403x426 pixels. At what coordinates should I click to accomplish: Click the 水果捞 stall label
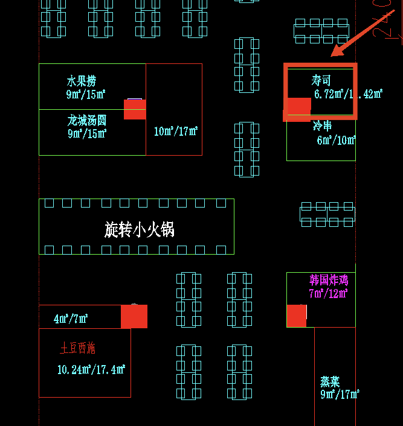82,81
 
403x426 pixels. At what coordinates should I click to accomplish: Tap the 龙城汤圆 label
87,120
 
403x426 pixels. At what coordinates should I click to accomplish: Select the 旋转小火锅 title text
140,229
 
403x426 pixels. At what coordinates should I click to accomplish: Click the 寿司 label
321,80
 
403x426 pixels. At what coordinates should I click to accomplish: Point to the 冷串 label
322,126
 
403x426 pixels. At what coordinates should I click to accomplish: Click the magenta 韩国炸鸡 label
329,281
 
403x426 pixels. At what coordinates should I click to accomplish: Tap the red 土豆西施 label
77,348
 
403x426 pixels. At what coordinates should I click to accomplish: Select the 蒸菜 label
330,381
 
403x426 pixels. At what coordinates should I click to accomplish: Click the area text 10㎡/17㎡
176,132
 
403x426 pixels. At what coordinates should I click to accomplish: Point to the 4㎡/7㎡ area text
71,319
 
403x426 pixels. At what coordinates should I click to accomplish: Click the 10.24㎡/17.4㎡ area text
91,369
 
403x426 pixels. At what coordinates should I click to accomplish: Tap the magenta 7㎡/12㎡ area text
328,294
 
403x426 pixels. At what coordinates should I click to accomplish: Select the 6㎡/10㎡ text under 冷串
336,141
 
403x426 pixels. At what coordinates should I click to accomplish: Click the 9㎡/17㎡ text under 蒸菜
340,395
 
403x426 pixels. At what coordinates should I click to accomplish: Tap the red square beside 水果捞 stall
135,109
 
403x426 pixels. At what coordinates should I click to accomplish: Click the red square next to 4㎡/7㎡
134,317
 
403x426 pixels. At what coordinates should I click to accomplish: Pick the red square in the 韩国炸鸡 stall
296,316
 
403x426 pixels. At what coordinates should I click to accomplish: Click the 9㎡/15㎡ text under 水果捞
86,94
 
